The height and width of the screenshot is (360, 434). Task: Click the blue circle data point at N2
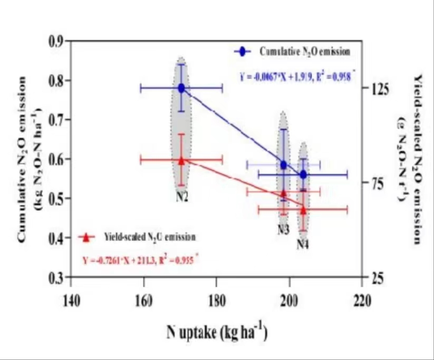click(181, 88)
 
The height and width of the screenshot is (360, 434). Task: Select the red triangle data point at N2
click(181, 160)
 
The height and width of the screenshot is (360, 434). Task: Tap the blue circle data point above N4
click(303, 174)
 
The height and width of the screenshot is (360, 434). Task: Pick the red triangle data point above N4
click(303, 209)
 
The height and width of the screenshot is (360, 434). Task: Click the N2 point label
click(182, 197)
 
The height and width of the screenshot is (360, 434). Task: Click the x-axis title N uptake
click(217, 333)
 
